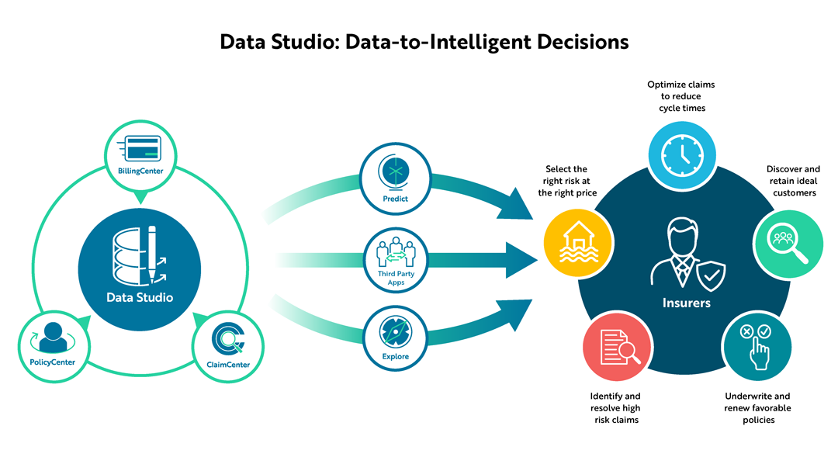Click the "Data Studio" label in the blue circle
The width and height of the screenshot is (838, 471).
pyautogui.click(x=140, y=297)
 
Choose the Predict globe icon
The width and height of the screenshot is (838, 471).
pyautogui.click(x=396, y=171)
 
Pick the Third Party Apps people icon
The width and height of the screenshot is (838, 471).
pyautogui.click(x=396, y=252)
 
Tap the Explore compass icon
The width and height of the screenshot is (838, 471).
pyautogui.click(x=396, y=331)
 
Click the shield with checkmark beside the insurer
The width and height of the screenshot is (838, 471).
pyautogui.click(x=711, y=274)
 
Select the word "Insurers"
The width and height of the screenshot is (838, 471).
pyautogui.click(x=686, y=303)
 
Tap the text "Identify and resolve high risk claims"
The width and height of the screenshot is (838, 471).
pyautogui.click(x=615, y=408)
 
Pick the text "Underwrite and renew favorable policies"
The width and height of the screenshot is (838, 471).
pyautogui.click(x=757, y=408)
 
